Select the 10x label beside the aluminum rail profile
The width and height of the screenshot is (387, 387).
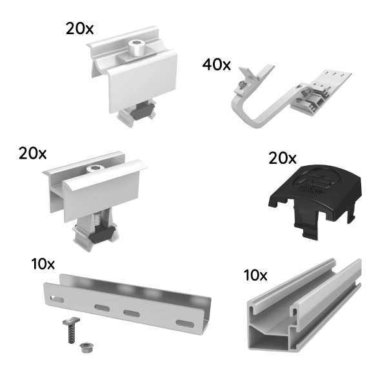coord(255,275)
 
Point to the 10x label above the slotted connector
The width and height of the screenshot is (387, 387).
coord(43,264)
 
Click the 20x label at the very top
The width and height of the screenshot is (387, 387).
coord(79,28)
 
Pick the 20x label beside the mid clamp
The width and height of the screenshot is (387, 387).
coord(32,153)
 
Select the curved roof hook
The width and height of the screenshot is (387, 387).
coord(258,110)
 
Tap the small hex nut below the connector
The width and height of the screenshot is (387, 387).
coord(83,348)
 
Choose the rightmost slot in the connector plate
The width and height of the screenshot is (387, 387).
coord(184,322)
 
